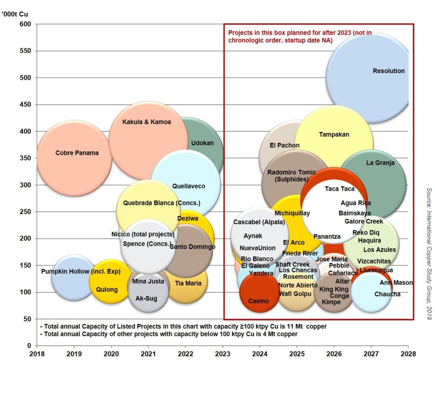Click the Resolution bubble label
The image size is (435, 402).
pyautogui.click(x=388, y=71)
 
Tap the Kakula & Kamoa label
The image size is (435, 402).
pyautogui.click(x=147, y=122)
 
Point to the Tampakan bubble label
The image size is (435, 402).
pyautogui.click(x=334, y=135)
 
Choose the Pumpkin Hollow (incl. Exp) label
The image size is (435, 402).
pyautogui.click(x=81, y=271)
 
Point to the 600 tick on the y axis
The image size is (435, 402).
pyautogui.click(x=25, y=24)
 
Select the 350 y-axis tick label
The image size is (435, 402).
pyautogui.click(x=25, y=158)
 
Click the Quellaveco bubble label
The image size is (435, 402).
pyautogui.click(x=189, y=186)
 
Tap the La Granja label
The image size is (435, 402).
pyautogui.click(x=380, y=163)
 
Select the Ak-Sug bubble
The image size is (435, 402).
pyautogui.click(x=146, y=298)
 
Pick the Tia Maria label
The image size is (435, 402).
pyautogui.click(x=188, y=283)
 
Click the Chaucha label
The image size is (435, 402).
pyautogui.click(x=387, y=294)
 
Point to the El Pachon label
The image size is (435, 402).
pyautogui.click(x=285, y=145)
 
